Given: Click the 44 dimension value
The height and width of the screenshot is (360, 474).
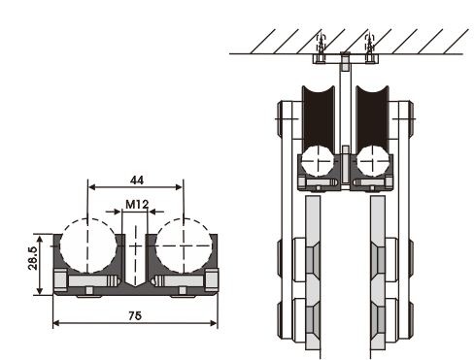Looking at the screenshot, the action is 137,180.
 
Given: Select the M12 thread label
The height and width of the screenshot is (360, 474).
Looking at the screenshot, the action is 137,205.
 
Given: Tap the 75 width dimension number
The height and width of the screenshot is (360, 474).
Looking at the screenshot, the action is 135,315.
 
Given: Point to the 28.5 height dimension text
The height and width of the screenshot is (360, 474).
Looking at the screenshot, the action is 33,258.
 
